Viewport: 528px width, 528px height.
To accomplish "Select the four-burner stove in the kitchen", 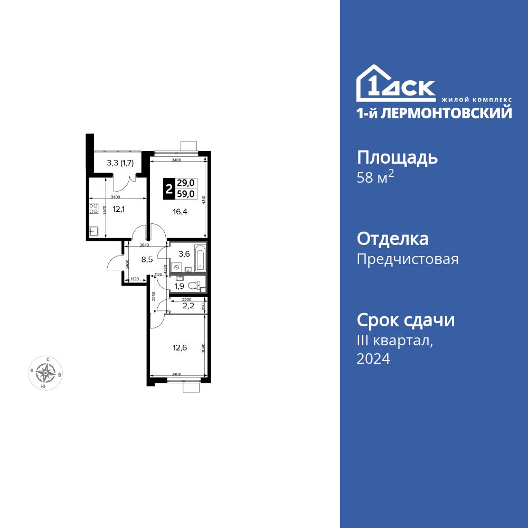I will pyautogui.click(x=94, y=209).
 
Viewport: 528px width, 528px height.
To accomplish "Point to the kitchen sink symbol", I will pyautogui.click(x=93, y=231).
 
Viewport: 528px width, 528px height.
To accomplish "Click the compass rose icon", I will pyautogui.click(x=46, y=373).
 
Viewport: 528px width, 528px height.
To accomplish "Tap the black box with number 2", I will pyautogui.click(x=169, y=189).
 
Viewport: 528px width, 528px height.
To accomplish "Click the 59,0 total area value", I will pyautogui.click(x=185, y=194).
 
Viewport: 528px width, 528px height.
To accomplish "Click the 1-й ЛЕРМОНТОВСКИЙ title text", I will pyautogui.click(x=434, y=112).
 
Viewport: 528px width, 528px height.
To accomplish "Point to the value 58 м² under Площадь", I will pyautogui.click(x=376, y=178).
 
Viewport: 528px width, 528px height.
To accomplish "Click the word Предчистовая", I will pyautogui.click(x=408, y=259).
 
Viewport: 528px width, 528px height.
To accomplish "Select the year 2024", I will pyautogui.click(x=373, y=359).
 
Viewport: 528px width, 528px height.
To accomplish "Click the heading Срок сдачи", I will pyautogui.click(x=406, y=320).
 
